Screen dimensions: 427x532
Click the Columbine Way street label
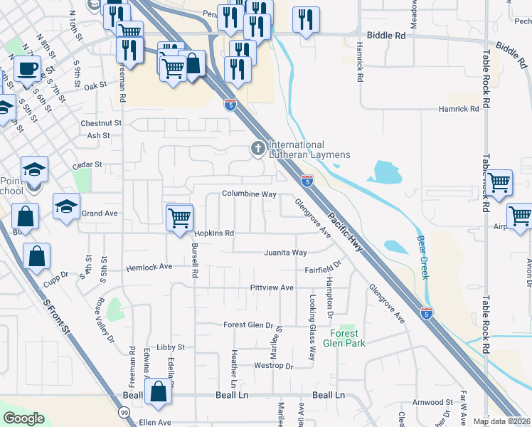coord(248,194)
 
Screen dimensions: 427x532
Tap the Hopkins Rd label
coord(214,233)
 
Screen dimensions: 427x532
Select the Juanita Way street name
coord(284,253)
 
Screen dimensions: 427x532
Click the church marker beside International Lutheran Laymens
coord(257,149)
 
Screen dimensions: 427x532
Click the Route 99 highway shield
coord(124,412)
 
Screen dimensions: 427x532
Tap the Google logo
coord(23,418)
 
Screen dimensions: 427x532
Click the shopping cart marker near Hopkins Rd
coord(179,216)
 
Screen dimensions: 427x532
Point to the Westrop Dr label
coord(274,366)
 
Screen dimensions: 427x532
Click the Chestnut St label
coord(101,123)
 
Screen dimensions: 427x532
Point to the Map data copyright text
coord(501,421)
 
